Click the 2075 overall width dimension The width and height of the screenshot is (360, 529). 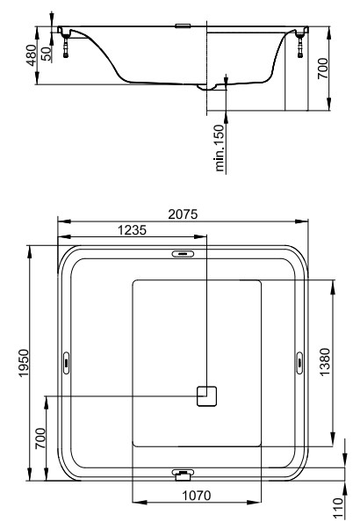(183, 214)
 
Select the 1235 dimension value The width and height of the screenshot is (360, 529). (132, 230)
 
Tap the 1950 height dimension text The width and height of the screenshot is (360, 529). (24, 363)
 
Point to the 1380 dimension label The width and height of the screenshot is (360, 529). (324, 362)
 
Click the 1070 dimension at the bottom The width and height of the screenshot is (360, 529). (197, 496)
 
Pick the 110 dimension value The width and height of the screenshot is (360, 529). (337, 508)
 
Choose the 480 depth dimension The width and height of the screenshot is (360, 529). (31, 55)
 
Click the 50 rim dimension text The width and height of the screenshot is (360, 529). (47, 54)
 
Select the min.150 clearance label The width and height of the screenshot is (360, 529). (220, 149)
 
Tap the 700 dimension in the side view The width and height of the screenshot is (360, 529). (322, 69)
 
